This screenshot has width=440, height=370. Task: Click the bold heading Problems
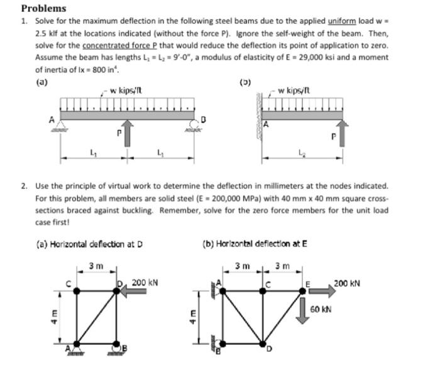(43, 8)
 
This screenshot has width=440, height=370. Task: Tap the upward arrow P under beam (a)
(127, 133)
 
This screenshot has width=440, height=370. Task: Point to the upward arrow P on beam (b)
(343, 133)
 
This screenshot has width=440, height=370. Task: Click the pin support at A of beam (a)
(62, 125)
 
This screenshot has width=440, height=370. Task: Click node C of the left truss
(77, 291)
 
